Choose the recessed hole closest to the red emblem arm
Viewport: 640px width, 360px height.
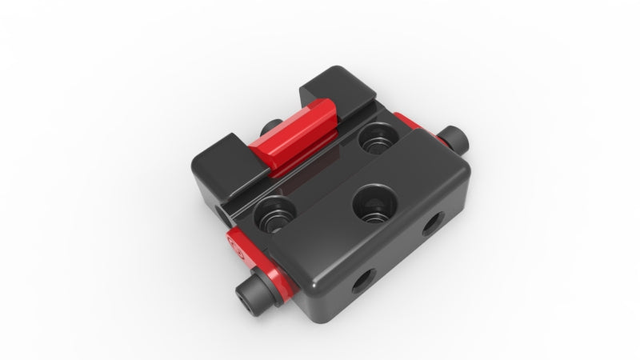click(x=274, y=214)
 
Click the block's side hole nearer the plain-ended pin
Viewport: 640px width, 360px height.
click(x=433, y=223)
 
